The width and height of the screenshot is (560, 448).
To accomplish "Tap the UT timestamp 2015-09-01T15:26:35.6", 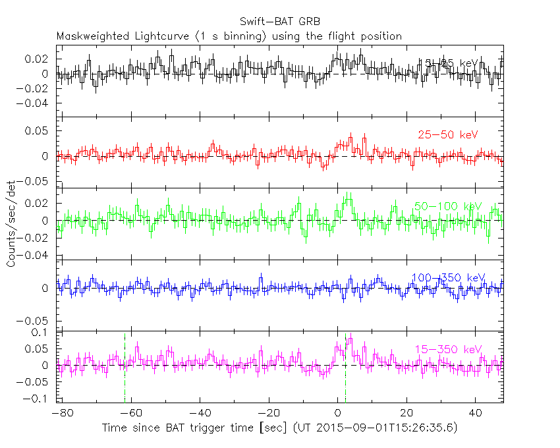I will (383, 428).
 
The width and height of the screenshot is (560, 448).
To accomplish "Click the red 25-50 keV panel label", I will (447, 135).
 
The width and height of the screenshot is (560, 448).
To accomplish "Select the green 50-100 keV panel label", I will (447, 207).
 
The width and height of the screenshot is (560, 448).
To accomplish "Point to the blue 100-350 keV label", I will (447, 277).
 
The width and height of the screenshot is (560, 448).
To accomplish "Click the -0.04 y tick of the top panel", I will (36, 103).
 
